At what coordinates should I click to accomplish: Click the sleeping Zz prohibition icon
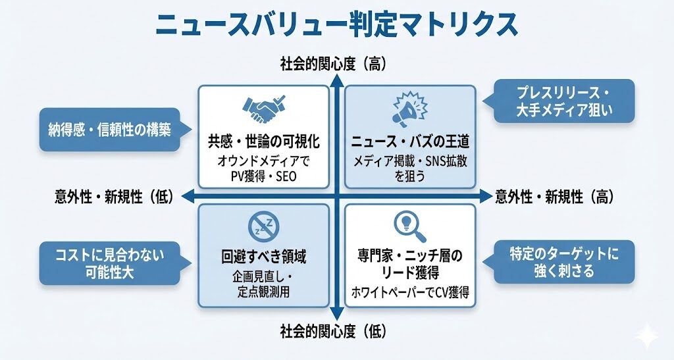click(x=263, y=226)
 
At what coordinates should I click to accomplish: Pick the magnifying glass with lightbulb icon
click(x=409, y=226)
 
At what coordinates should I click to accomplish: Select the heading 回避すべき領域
click(x=263, y=257)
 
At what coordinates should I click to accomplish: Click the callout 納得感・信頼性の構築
click(x=109, y=130)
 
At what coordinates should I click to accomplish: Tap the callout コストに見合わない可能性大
click(x=109, y=263)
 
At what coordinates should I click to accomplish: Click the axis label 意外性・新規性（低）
click(x=113, y=196)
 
